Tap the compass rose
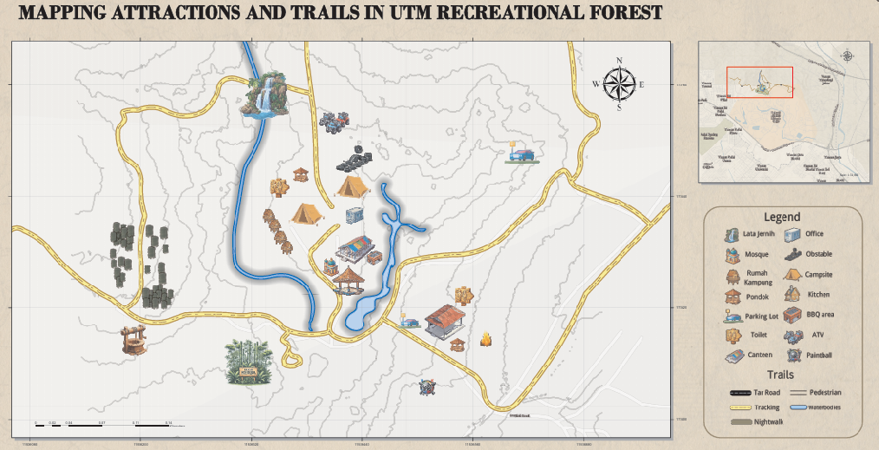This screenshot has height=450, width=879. pos(619,84)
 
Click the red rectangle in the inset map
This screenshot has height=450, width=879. pos(759,82)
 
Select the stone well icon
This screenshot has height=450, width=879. pos(133,339)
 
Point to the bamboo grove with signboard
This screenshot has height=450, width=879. pos(249,361)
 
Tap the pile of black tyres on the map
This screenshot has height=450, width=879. pos(355,159)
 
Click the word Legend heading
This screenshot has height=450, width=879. pos(781,217)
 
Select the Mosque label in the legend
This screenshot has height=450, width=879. pos(757,255)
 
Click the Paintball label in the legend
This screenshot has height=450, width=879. pos(819,355)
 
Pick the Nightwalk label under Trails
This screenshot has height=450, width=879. pos(769,421)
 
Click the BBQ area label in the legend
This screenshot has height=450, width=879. pos(820,315)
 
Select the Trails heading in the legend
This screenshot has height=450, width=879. pos(780,375)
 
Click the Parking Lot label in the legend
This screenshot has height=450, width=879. pos(762,316)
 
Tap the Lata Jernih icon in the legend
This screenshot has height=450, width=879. pos(730,234)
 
